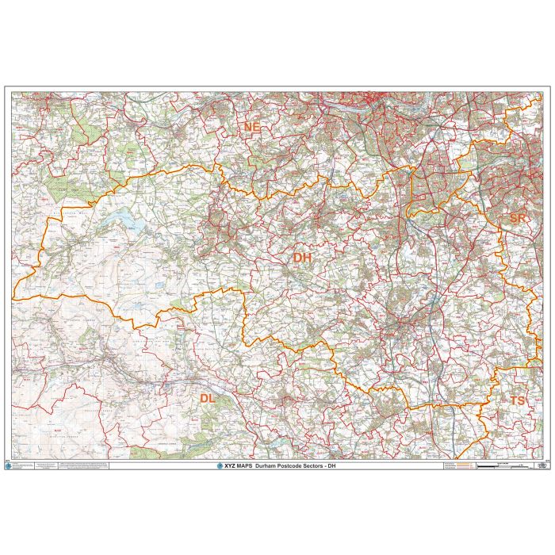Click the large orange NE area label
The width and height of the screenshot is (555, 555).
(252, 128)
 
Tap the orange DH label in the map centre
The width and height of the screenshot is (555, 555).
(302, 258)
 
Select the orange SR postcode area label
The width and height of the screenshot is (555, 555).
(518, 218)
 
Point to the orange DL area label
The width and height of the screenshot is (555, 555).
(207, 398)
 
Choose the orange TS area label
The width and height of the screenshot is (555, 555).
(517, 401)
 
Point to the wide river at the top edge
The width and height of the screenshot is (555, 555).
(357, 98)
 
